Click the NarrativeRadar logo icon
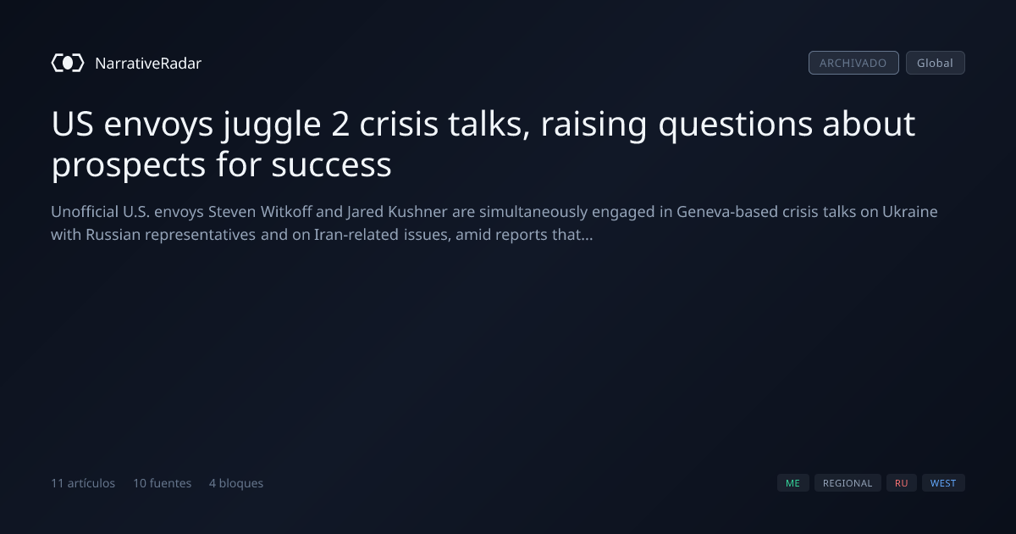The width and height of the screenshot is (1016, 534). pos(68,63)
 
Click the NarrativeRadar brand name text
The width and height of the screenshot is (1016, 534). pos(148,63)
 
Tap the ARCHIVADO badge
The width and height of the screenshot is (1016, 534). pos(853,63)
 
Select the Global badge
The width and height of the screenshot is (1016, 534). pos(936,63)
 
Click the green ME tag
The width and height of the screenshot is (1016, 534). pos(792,482)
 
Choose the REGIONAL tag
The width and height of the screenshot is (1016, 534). pos(848,482)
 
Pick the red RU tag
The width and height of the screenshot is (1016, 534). pos(901,482)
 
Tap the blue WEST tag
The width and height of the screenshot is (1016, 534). pos(943,482)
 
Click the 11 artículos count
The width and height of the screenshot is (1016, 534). pos(83,483)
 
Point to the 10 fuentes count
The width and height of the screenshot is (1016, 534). pos(162,483)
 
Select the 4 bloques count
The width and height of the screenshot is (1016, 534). pos(236,483)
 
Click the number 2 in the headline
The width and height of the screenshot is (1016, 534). pos(340,124)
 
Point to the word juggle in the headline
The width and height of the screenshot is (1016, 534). pos(271,125)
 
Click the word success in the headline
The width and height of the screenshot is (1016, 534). pos(331,164)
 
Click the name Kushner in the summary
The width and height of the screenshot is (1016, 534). pos(417,212)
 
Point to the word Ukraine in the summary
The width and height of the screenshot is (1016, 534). pos(910,212)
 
